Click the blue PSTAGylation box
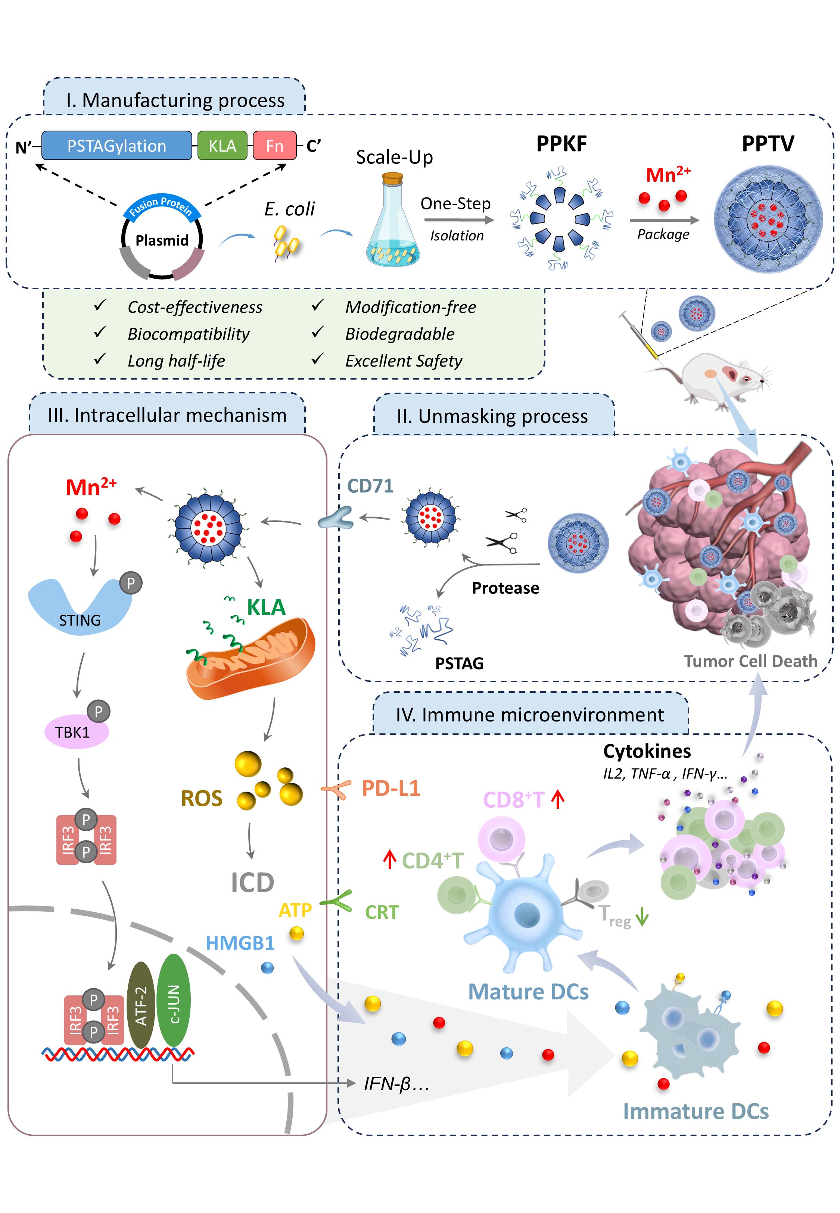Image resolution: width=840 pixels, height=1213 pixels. click(x=116, y=146)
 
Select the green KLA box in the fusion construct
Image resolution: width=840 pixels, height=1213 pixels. click(x=222, y=146)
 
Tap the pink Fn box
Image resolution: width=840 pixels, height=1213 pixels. click(x=274, y=146)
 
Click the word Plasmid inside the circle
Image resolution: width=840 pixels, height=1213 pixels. click(x=162, y=240)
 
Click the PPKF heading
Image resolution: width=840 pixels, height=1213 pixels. click(x=561, y=144)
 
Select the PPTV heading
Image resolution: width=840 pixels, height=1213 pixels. click(x=768, y=144)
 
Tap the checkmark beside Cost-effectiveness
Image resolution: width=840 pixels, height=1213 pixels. click(x=99, y=306)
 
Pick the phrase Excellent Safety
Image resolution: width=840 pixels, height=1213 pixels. click(x=403, y=361)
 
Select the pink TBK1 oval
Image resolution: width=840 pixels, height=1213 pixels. click(x=76, y=732)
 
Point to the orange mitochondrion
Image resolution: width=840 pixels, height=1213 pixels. click(x=251, y=658)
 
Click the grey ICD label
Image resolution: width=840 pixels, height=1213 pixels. click(x=253, y=883)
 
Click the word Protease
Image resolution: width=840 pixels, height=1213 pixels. click(x=505, y=587)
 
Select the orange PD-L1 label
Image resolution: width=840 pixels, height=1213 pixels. click(x=391, y=788)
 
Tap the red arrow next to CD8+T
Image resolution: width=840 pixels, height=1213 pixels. click(x=558, y=799)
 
